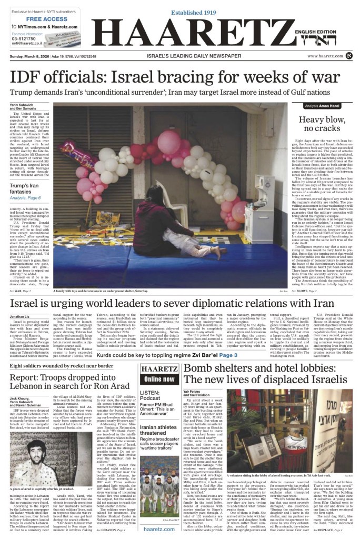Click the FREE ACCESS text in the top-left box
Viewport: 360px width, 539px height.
[37, 18]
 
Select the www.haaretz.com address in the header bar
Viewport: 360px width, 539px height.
[328, 56]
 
